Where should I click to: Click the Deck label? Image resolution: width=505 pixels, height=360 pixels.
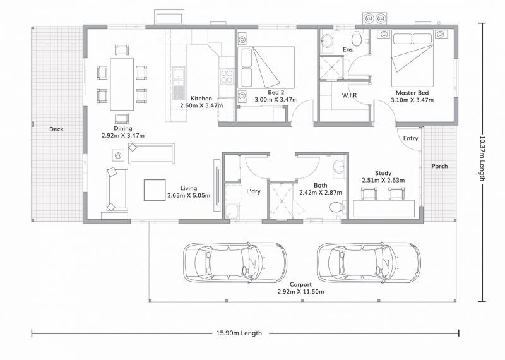coord(57,129)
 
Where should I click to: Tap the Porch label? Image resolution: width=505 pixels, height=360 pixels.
coord(439,167)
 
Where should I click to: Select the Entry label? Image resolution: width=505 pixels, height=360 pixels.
coord(410,138)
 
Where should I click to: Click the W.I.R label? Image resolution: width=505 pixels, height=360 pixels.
coord(350,95)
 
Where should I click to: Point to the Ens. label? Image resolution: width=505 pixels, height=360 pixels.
coord(348,49)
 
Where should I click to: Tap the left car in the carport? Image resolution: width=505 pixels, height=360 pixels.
coord(234,263)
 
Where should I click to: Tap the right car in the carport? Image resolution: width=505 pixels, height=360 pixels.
coord(369,263)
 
